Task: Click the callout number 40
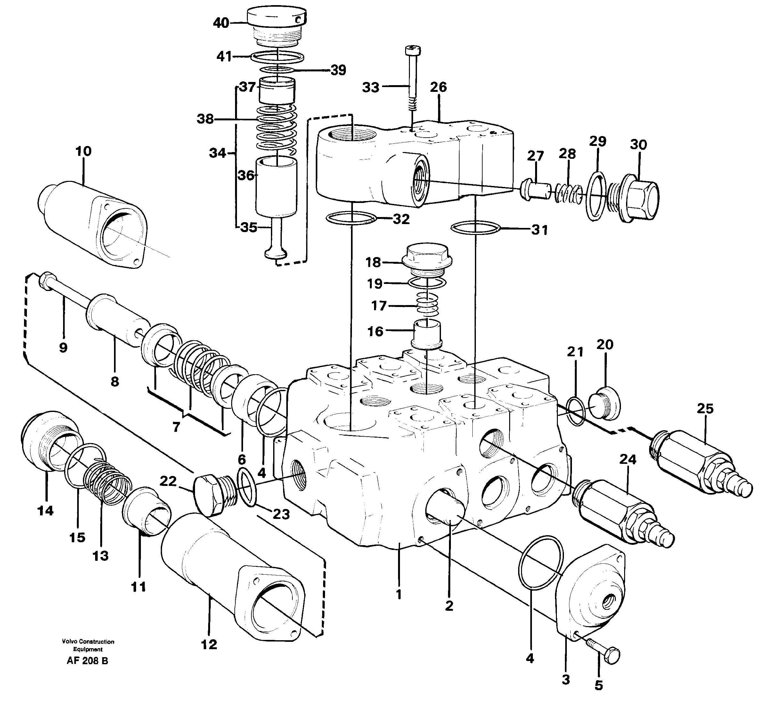[221, 23]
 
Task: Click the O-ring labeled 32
[351, 218]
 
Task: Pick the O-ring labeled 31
[476, 228]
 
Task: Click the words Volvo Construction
[88, 641]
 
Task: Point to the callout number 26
[438, 87]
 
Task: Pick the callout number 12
[209, 644]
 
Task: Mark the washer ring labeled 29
[596, 196]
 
